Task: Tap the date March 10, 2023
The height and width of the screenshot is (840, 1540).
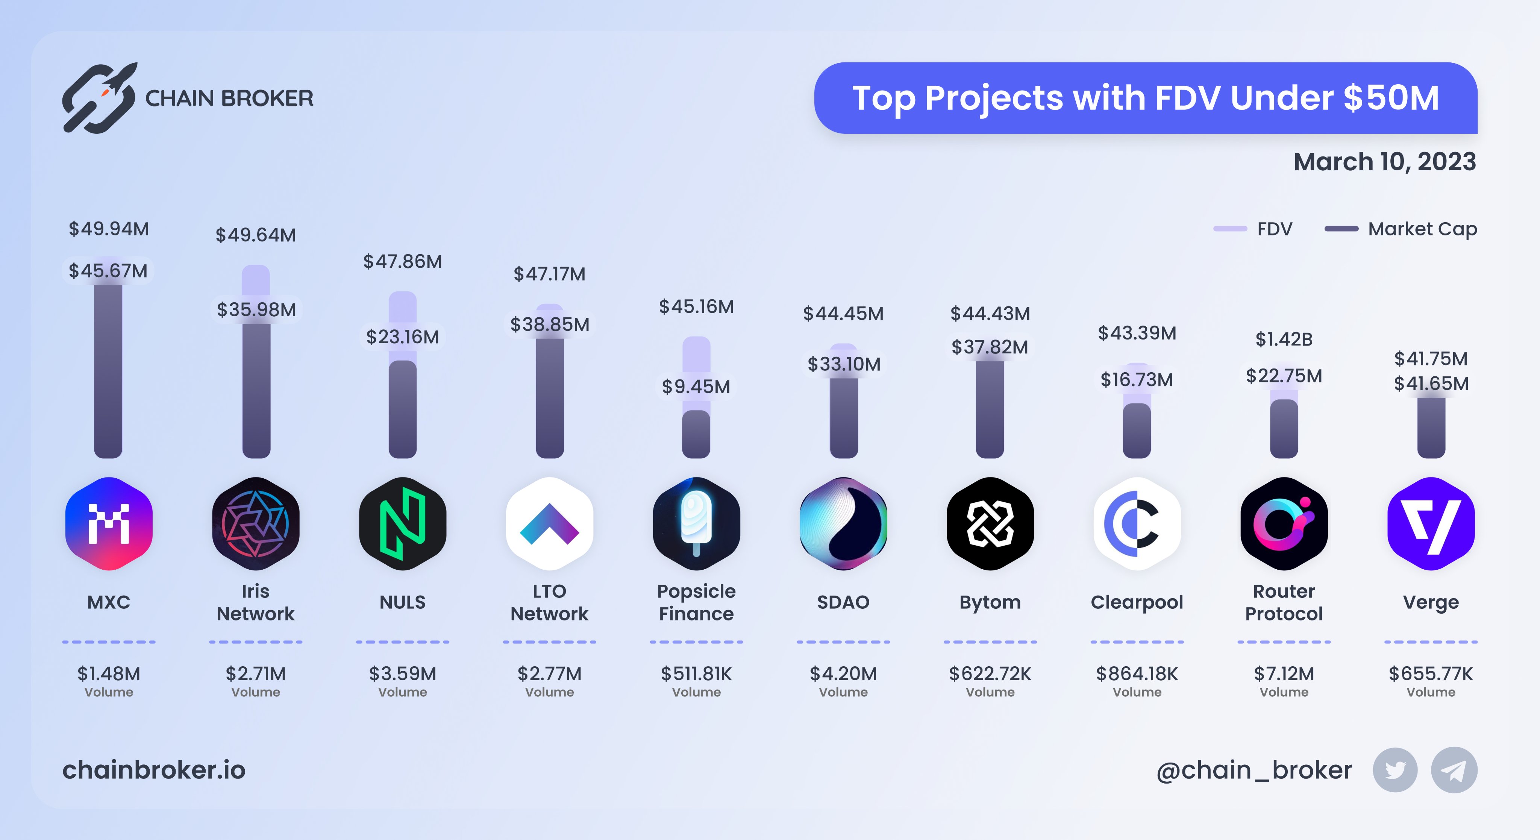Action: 1385,162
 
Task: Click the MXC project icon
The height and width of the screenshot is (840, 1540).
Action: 109,524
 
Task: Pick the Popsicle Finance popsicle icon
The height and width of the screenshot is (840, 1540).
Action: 696,524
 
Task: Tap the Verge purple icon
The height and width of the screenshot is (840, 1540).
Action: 1431,524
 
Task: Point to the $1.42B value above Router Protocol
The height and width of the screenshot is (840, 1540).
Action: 1284,340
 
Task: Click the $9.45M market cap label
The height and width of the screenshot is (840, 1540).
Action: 696,387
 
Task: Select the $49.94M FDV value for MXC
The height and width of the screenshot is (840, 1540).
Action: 109,229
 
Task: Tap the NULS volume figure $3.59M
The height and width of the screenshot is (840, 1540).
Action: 402,674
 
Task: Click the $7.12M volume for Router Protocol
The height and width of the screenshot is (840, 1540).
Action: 1284,674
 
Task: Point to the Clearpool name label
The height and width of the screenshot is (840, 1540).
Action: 1137,602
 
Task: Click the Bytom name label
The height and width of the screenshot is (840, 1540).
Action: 990,602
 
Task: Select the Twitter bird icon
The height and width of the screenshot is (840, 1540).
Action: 1395,770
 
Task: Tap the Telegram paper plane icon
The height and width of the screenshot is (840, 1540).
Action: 1453,770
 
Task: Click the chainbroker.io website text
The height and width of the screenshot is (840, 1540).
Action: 154,770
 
